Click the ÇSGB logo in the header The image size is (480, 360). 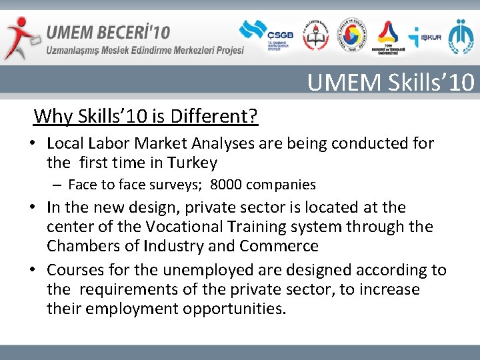(x=263, y=35)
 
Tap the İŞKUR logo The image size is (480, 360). (x=424, y=37)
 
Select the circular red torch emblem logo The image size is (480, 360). (x=315, y=36)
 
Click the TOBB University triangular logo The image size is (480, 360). (x=387, y=36)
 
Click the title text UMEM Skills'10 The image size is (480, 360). (x=391, y=82)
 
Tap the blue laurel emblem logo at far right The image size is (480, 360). (x=461, y=36)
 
